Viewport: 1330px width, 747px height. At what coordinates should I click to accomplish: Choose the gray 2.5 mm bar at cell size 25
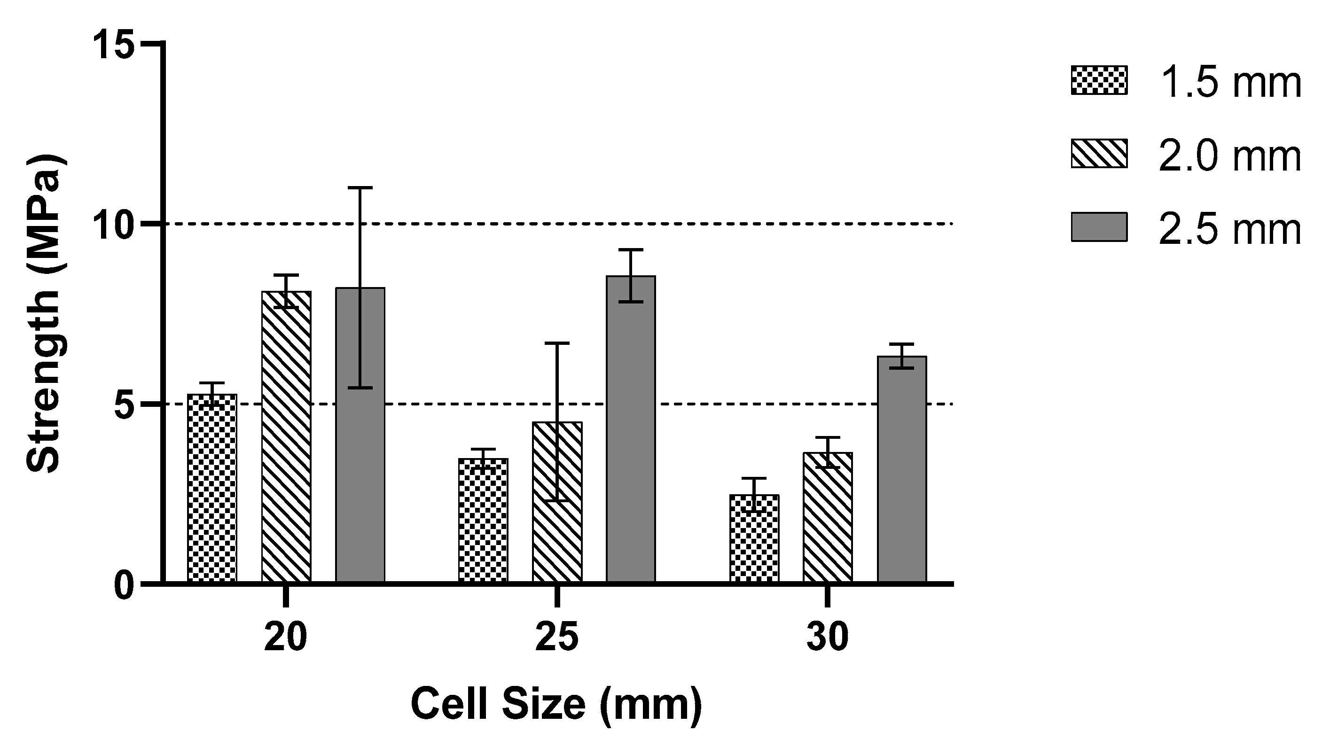pos(631,429)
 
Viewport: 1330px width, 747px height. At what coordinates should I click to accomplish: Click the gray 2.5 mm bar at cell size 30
pos(902,469)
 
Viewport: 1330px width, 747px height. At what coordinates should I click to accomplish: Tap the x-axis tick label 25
pos(556,638)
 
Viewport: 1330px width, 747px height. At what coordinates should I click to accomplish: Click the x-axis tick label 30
pos(828,638)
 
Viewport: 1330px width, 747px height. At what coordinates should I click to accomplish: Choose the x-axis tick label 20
pos(286,638)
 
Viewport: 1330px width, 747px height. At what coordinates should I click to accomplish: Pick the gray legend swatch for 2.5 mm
pos(1099,226)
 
